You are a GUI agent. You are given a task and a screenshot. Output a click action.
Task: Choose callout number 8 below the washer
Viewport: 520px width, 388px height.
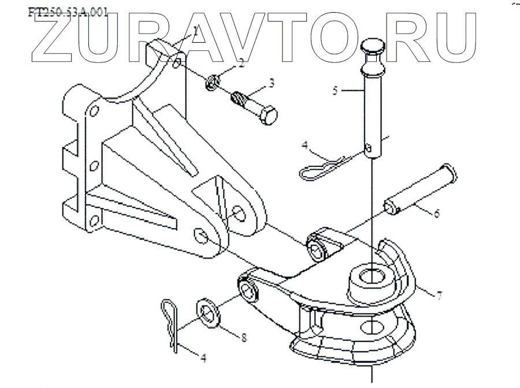[x=244, y=337]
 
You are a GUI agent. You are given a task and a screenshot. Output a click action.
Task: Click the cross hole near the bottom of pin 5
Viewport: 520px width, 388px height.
[x=369, y=151]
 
